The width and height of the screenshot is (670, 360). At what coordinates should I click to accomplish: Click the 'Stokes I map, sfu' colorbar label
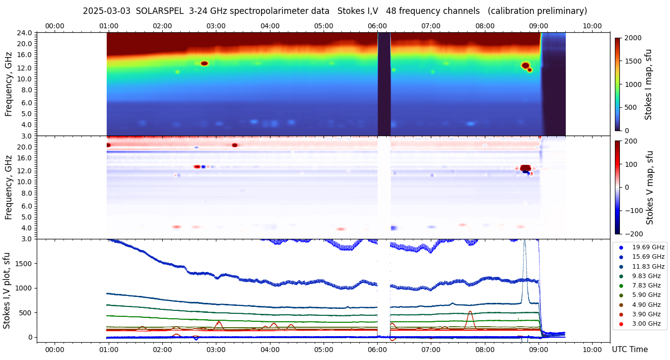point(649,84)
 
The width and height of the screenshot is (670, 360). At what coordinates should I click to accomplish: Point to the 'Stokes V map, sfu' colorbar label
point(650,188)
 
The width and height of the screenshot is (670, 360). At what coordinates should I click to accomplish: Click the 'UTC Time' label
point(629,350)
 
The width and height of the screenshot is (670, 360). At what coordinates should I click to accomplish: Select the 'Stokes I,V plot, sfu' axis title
point(7,290)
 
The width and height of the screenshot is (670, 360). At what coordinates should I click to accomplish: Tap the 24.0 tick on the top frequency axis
point(26,33)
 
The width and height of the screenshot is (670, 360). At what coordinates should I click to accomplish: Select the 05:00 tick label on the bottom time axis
point(324,350)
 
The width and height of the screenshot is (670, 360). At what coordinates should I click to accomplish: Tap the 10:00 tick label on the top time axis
point(592,26)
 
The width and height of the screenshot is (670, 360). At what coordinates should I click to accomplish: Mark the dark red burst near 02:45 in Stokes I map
point(204,64)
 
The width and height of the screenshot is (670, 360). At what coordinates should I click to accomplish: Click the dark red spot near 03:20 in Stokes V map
point(235,145)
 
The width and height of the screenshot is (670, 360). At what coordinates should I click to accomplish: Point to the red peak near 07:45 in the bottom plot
point(469,312)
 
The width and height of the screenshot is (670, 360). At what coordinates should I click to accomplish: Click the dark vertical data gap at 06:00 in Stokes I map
point(384,84)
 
